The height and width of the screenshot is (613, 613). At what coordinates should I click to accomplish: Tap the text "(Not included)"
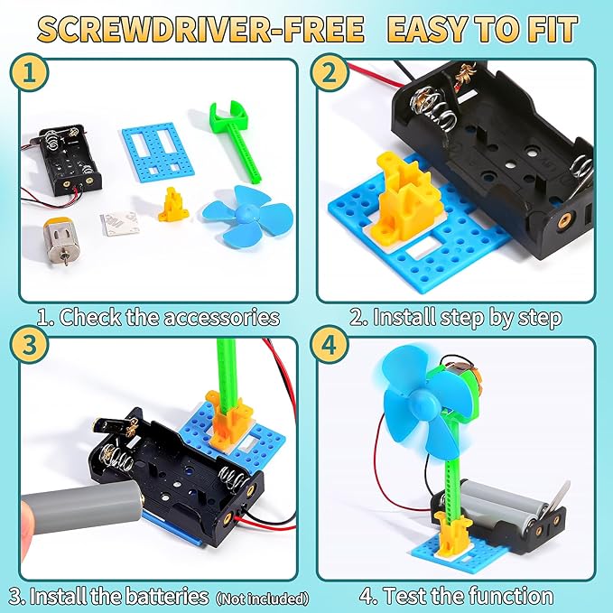click(262, 598)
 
